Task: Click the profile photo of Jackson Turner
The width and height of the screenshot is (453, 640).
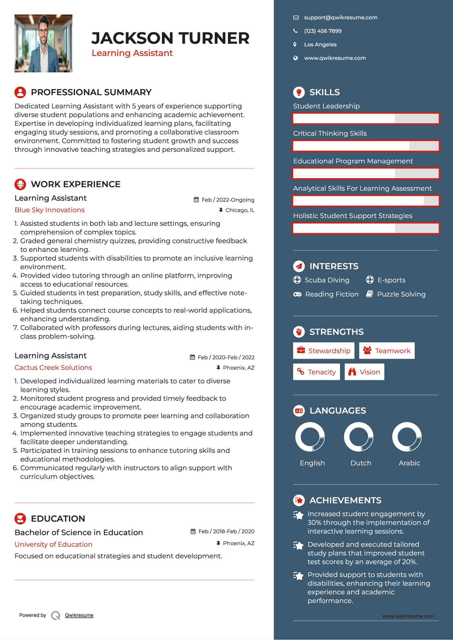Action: pos(43,43)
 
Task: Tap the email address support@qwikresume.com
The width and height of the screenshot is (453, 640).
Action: pos(341,18)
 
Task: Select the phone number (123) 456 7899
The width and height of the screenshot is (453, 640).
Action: pos(323,31)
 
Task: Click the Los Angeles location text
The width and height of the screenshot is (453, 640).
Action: pos(320,45)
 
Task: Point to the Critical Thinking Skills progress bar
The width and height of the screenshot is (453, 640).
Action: pos(366,146)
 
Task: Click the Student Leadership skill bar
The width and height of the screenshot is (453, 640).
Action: pos(366,119)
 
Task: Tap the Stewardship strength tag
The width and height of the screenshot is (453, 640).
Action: pos(324,351)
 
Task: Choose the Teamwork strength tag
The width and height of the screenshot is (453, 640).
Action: pos(387,351)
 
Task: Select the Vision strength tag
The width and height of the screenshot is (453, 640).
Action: pos(364,372)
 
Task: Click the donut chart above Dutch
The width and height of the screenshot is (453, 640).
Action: pos(359,437)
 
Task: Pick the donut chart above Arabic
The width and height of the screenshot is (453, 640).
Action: pos(407,437)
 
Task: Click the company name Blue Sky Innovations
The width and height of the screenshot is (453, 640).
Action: pos(50,210)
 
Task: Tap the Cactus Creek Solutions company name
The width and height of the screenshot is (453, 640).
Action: pos(53,368)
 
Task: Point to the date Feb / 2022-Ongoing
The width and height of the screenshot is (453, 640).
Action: pos(228,200)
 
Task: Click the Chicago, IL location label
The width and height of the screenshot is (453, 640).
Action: pos(240,210)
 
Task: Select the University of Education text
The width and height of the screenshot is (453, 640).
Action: pos(53,544)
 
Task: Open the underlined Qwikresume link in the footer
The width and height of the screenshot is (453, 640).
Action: pos(79,615)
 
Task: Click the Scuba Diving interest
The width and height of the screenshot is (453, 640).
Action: pos(326,280)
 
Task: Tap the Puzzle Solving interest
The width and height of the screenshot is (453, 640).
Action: pos(401,294)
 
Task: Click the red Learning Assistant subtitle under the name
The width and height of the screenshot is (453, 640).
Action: pos(132,53)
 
